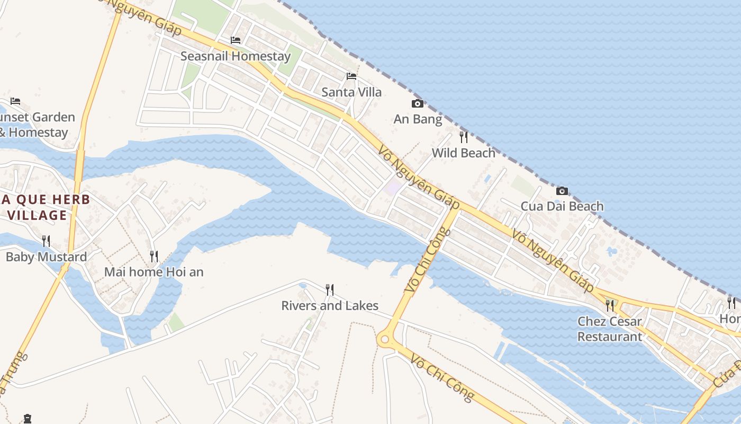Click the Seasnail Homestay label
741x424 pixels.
pyautogui.click(x=236, y=56)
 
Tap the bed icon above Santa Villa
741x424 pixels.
pyautogui.click(x=351, y=76)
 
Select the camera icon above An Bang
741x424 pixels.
pyautogui.click(x=418, y=103)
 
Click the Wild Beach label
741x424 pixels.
pyautogui.click(x=464, y=153)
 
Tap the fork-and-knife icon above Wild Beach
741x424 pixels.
pyautogui.click(x=464, y=137)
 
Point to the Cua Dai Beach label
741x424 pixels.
pyautogui.click(x=562, y=206)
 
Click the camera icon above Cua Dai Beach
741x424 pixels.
pyautogui.click(x=562, y=191)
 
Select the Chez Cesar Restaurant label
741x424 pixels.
pyautogui.click(x=610, y=329)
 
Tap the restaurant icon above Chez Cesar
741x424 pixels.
pyautogui.click(x=610, y=305)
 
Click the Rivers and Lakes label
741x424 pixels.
pyautogui.click(x=330, y=306)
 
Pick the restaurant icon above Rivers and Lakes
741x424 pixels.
pyautogui.click(x=330, y=289)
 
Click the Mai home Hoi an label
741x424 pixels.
pyautogui.click(x=154, y=272)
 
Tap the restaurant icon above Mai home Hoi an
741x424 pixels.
pyautogui.click(x=154, y=257)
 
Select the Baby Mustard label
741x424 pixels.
pyautogui.click(x=46, y=257)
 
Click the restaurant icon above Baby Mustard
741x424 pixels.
pyautogui.click(x=46, y=241)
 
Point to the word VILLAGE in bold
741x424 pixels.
pyautogui.click(x=37, y=215)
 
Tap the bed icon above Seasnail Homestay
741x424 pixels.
pyautogui.click(x=236, y=40)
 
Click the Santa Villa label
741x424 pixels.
pyautogui.click(x=351, y=92)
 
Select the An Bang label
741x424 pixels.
pyautogui.click(x=418, y=119)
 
